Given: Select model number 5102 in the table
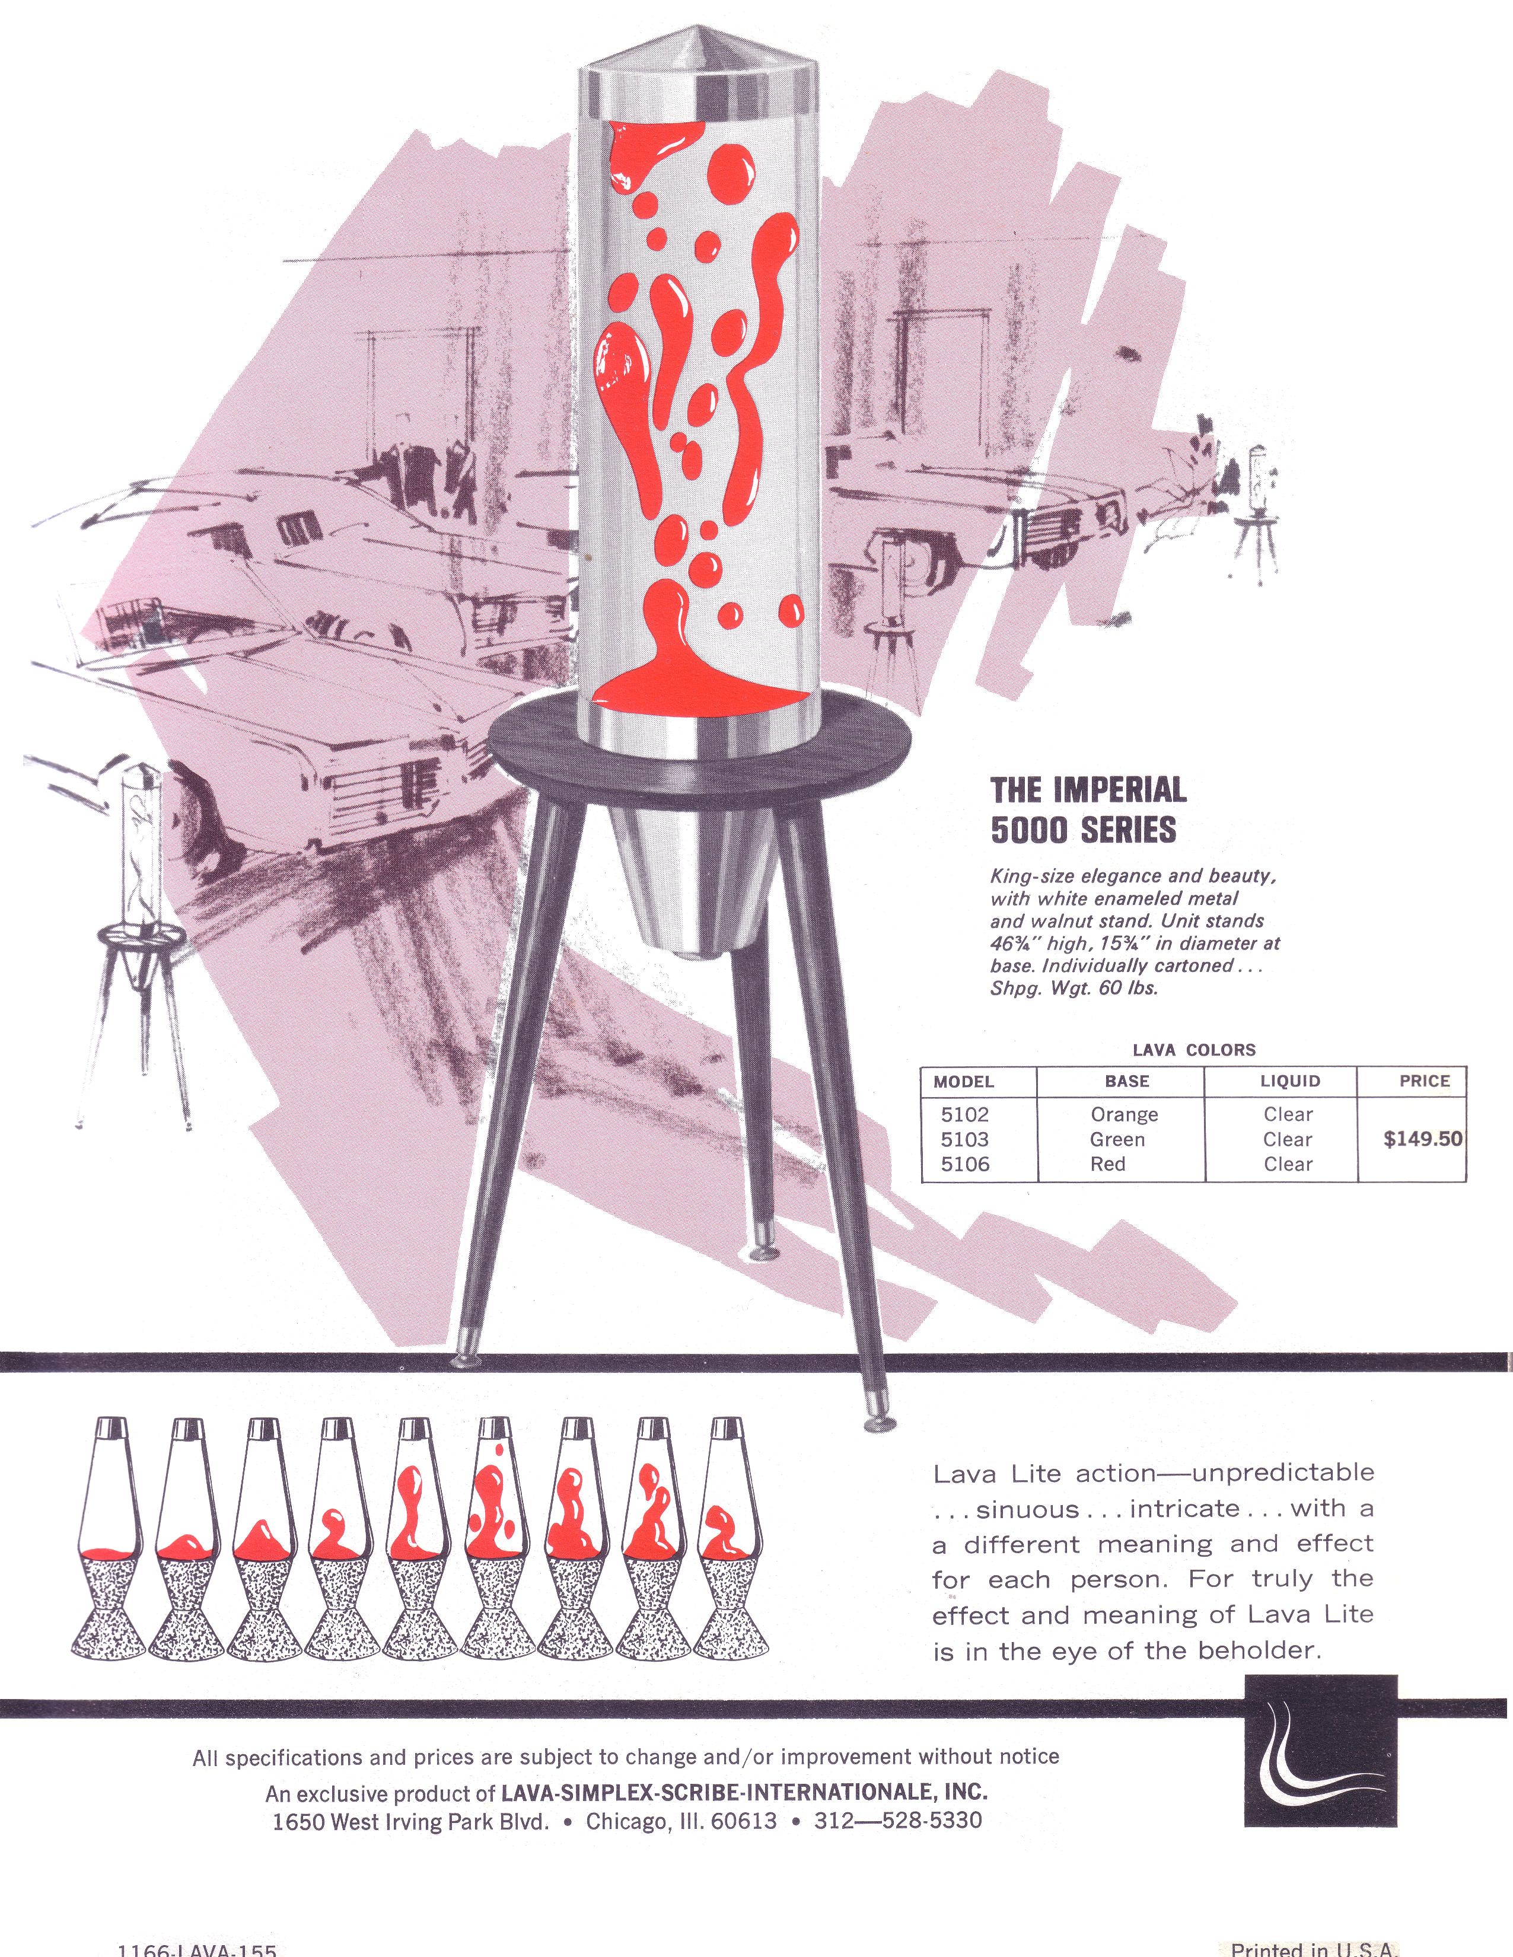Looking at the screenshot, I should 964,1115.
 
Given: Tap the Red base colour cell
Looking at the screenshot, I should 1108,1164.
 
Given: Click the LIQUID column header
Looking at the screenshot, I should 1290,1082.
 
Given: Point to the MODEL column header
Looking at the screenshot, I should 964,1082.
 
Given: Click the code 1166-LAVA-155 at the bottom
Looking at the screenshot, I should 197,1949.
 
